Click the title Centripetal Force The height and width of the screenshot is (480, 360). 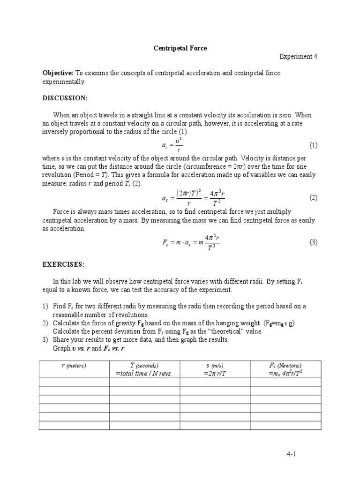[x=180, y=48]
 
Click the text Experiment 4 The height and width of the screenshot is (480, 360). [x=299, y=56]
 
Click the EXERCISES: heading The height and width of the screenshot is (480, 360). [x=64, y=264]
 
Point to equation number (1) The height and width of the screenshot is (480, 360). [x=314, y=145]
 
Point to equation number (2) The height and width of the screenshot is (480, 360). [x=314, y=198]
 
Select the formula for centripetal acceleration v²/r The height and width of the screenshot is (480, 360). [x=173, y=145]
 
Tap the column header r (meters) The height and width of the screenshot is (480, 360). [x=74, y=366]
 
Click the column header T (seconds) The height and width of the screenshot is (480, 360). [x=144, y=365]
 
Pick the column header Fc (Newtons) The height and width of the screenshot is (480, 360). [x=285, y=365]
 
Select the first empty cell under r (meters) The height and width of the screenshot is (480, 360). [x=74, y=382]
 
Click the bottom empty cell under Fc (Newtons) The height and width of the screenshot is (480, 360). [x=285, y=425]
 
